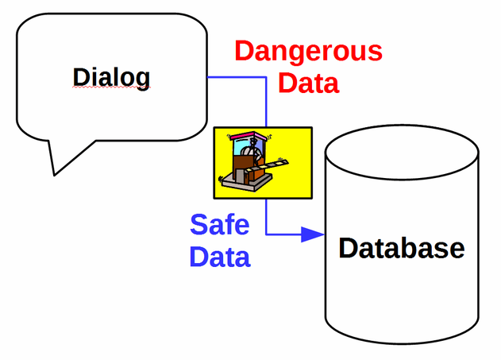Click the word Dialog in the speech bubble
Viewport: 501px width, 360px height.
point(111,77)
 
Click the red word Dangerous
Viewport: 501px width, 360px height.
point(308,52)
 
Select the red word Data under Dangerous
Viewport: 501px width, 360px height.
point(309,82)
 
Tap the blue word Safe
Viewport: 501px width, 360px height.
point(219,225)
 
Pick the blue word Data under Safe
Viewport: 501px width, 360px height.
point(220,257)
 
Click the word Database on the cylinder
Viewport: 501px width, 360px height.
point(401,248)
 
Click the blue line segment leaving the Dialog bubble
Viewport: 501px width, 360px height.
point(234,77)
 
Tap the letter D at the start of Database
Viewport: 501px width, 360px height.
point(348,248)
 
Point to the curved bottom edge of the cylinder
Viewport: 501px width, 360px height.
point(403,341)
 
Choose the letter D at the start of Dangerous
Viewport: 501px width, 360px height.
point(244,52)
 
